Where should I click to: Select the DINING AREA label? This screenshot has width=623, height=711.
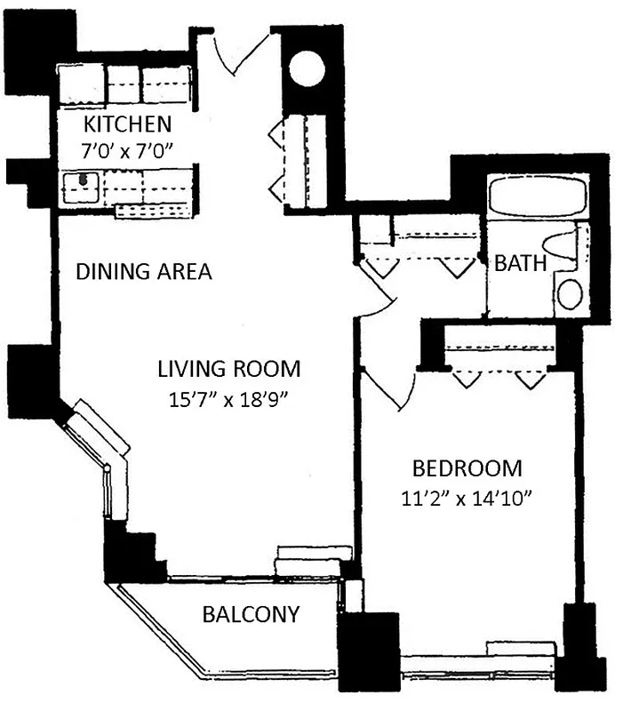pos(144,271)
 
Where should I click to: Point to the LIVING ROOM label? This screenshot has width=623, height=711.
pos(229,367)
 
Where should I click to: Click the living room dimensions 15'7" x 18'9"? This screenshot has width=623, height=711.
pos(229,398)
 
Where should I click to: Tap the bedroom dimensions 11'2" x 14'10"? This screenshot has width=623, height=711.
pos(467,499)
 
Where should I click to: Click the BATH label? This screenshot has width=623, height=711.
pos(520,263)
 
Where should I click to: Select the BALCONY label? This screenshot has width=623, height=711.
pos(250,613)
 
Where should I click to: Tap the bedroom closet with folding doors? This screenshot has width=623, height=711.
pos(498,355)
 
